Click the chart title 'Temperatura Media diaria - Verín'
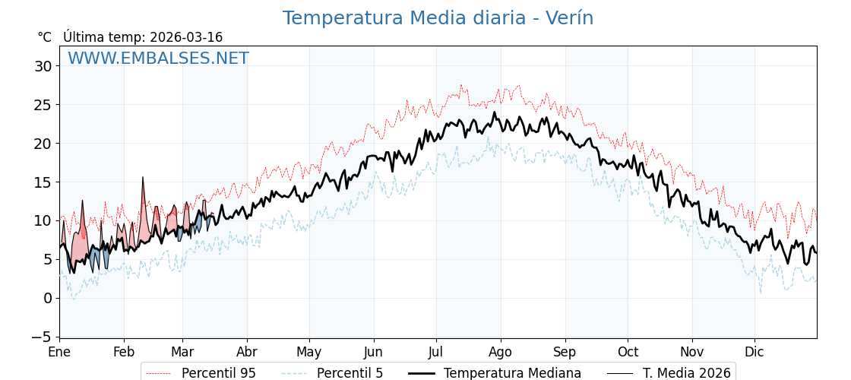tap(438, 18)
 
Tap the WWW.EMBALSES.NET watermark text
tap(158, 59)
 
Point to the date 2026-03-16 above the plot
tap(186, 37)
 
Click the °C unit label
tap(45, 37)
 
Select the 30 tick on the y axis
tap(43, 66)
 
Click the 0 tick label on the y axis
tap(47, 298)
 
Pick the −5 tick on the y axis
tap(43, 337)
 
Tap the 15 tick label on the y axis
tap(43, 182)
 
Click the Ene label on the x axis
tap(59, 352)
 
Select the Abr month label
tap(247, 352)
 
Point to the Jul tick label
tap(436, 352)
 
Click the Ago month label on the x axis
tap(501, 352)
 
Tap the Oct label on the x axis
tap(628, 352)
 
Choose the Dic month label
tap(755, 352)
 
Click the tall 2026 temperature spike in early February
tap(142, 179)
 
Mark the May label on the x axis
tap(309, 352)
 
